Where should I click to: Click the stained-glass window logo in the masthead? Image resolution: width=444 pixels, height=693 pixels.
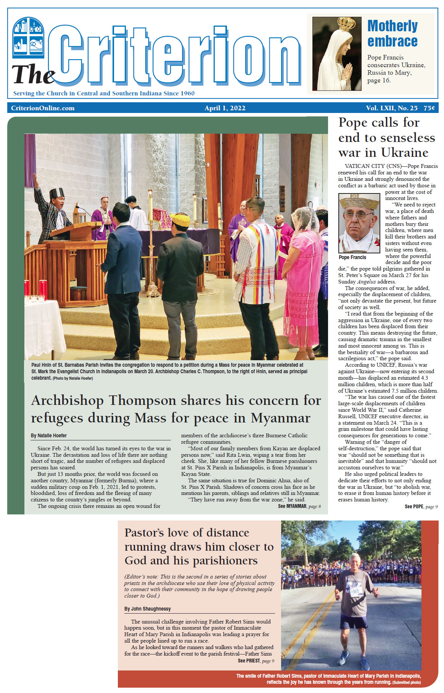pos(28,37)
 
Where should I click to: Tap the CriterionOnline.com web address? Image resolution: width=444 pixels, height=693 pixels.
pos(43,108)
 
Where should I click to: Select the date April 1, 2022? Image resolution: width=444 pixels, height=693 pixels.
pos(225,108)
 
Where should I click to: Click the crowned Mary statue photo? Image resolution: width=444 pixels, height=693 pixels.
pos(336,54)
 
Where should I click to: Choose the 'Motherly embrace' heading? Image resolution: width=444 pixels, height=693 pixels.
pos(392,34)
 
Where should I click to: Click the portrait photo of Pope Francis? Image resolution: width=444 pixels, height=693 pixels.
pos(359,223)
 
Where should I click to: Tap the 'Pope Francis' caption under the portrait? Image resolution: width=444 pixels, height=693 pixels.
pos(352,258)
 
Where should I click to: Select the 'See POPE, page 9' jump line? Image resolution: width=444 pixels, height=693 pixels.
pos(421,507)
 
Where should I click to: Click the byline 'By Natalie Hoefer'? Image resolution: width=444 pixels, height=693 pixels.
pos(49,435)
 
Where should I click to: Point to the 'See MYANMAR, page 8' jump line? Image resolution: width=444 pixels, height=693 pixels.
pos(299,506)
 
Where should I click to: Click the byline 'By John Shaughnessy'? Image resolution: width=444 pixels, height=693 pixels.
pos(147,609)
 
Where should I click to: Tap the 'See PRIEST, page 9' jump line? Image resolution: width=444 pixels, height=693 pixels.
pos(256,661)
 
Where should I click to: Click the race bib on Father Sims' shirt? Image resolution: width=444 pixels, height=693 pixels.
pos(355,591)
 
